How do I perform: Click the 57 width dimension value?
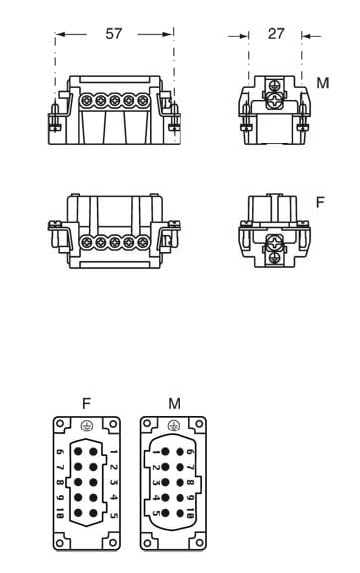(x=113, y=34)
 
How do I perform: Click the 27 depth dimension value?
(x=276, y=34)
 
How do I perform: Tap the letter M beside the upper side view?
(x=323, y=83)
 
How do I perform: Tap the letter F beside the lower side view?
(x=320, y=202)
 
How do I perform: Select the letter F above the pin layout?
(x=86, y=403)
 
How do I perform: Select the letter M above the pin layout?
(x=174, y=403)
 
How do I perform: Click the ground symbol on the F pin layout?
(x=87, y=426)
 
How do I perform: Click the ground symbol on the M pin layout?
(x=174, y=426)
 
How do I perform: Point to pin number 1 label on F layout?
(x=114, y=452)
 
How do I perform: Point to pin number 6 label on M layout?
(x=190, y=452)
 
